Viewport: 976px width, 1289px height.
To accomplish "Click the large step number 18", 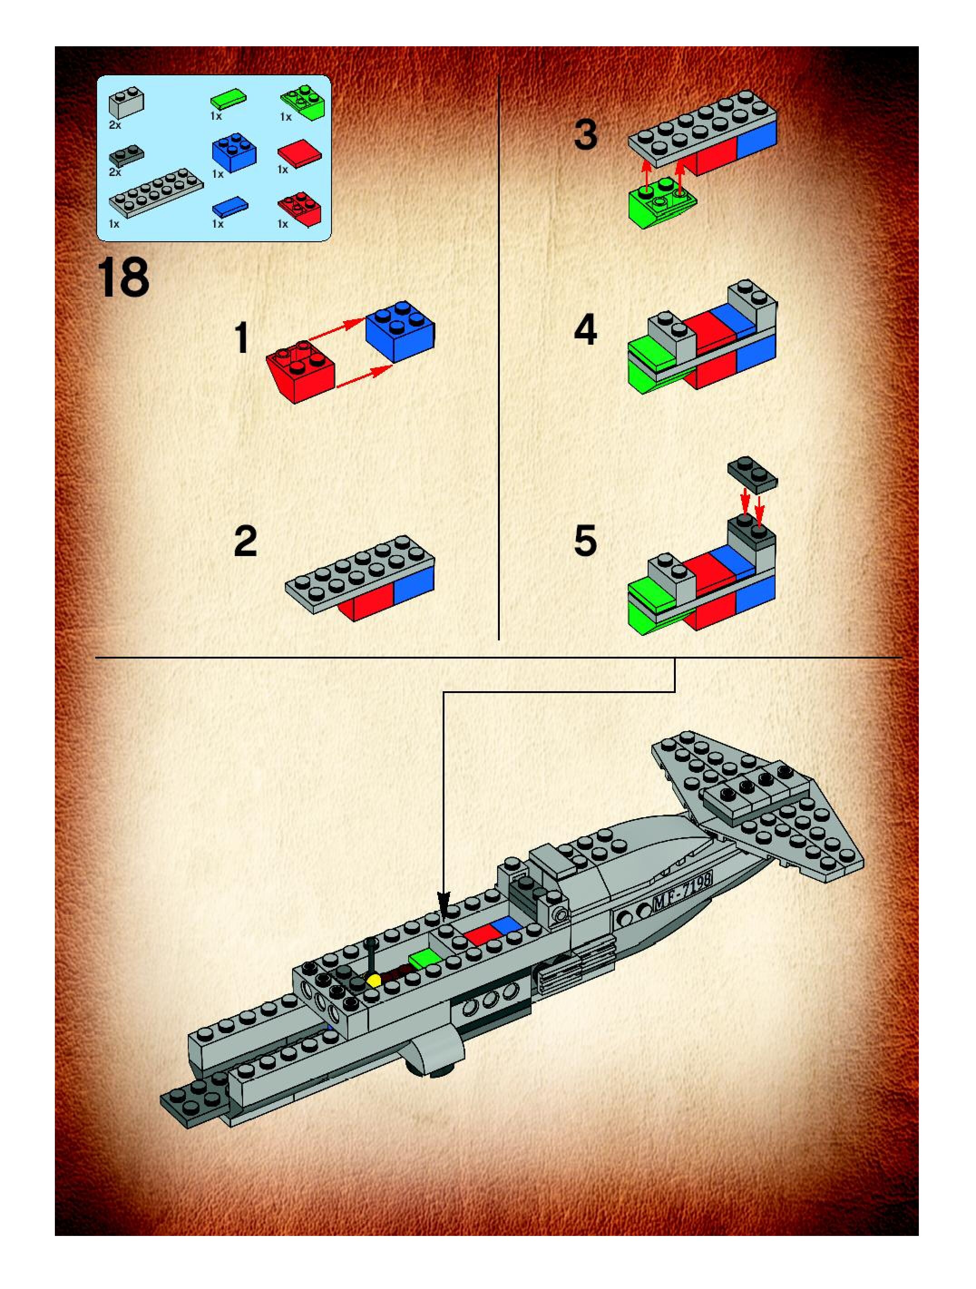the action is click(x=123, y=278).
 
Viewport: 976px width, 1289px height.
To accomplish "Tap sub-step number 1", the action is click(x=241, y=338).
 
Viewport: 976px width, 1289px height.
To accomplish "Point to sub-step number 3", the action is click(x=585, y=134).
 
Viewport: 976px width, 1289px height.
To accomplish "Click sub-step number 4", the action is click(x=585, y=330).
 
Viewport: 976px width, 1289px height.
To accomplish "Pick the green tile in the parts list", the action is click(x=228, y=98).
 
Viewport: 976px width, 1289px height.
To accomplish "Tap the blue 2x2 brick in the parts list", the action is click(x=233, y=153).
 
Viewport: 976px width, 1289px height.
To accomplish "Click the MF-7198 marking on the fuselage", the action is click(x=682, y=892).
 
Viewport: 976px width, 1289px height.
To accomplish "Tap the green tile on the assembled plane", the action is click(x=426, y=957).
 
